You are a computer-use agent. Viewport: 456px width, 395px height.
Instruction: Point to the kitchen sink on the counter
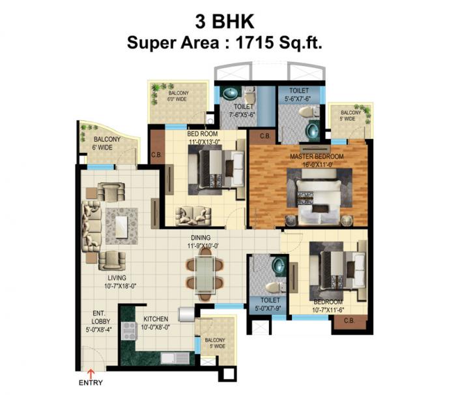(173, 358)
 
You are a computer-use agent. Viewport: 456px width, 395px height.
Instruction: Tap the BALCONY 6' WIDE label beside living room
(105, 144)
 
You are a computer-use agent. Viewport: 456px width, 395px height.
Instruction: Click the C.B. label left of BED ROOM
(156, 155)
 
